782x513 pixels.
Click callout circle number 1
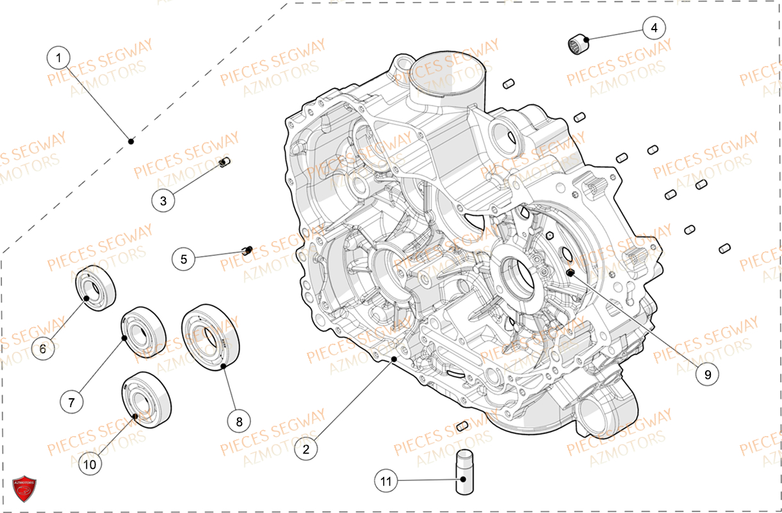coord(58,58)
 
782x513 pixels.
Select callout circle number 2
coord(306,450)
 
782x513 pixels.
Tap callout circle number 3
coord(163,201)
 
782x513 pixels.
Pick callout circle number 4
coord(654,28)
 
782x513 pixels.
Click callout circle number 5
coord(184,259)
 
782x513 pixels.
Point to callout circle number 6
coord(43,349)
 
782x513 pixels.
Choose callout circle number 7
coord(72,402)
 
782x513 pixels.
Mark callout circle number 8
coord(239,421)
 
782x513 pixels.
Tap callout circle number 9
coord(708,374)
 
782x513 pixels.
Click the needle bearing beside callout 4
coord(578,45)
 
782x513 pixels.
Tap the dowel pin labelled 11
coord(464,473)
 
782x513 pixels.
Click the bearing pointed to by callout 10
coord(147,399)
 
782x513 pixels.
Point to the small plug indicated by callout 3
coord(224,164)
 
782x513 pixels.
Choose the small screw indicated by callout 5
coord(247,249)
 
